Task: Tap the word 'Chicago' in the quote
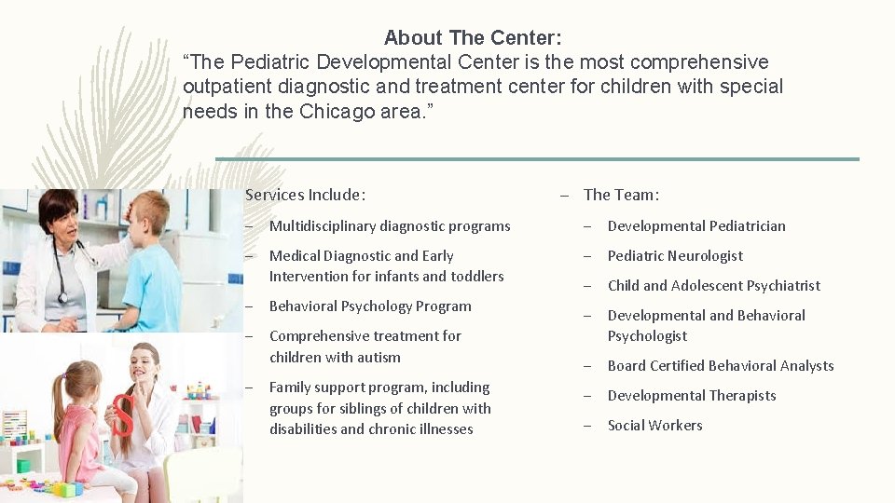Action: (337, 112)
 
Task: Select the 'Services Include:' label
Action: (305, 195)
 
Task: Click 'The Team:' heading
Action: (621, 195)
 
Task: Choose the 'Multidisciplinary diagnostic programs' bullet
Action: (390, 226)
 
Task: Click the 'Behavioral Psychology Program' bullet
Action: (370, 306)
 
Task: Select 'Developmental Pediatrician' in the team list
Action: (696, 226)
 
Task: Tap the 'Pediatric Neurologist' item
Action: (675, 256)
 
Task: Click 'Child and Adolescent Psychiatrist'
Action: (714, 286)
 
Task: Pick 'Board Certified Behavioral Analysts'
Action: (721, 366)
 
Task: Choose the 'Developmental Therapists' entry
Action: (692, 396)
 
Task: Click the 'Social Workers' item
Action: (654, 426)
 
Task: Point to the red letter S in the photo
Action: (123, 415)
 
